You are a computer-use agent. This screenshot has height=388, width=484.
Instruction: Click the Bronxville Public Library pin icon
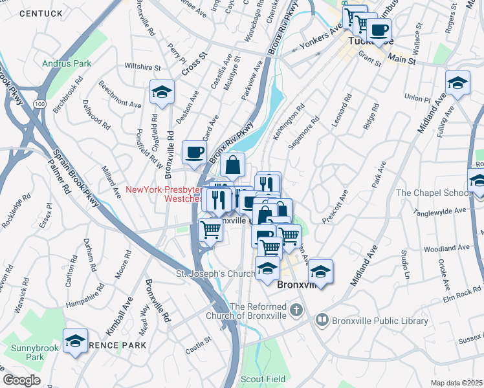tap(322, 319)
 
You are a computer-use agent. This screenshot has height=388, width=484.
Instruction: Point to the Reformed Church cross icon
tap(296, 310)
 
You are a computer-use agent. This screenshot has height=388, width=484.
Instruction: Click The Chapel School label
tap(433, 193)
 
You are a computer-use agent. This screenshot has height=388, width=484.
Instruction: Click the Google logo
tap(21, 380)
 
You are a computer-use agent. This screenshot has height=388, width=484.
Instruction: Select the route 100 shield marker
tap(40, 103)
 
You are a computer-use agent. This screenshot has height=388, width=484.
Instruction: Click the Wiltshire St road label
tap(142, 67)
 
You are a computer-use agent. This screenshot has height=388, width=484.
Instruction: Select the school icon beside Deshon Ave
tap(162, 92)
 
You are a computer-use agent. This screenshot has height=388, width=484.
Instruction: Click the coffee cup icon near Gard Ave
tap(194, 153)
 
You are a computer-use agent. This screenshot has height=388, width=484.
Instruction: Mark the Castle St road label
tap(199, 340)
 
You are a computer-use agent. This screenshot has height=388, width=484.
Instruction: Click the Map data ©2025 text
tap(456, 383)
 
